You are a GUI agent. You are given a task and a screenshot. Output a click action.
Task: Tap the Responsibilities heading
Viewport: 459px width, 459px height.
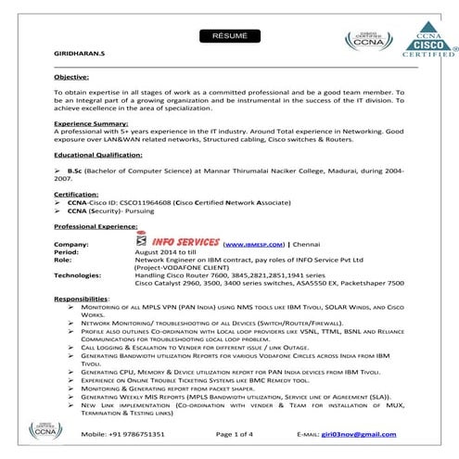point(82,299)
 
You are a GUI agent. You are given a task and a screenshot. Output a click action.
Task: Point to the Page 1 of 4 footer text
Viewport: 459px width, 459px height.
point(240,433)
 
